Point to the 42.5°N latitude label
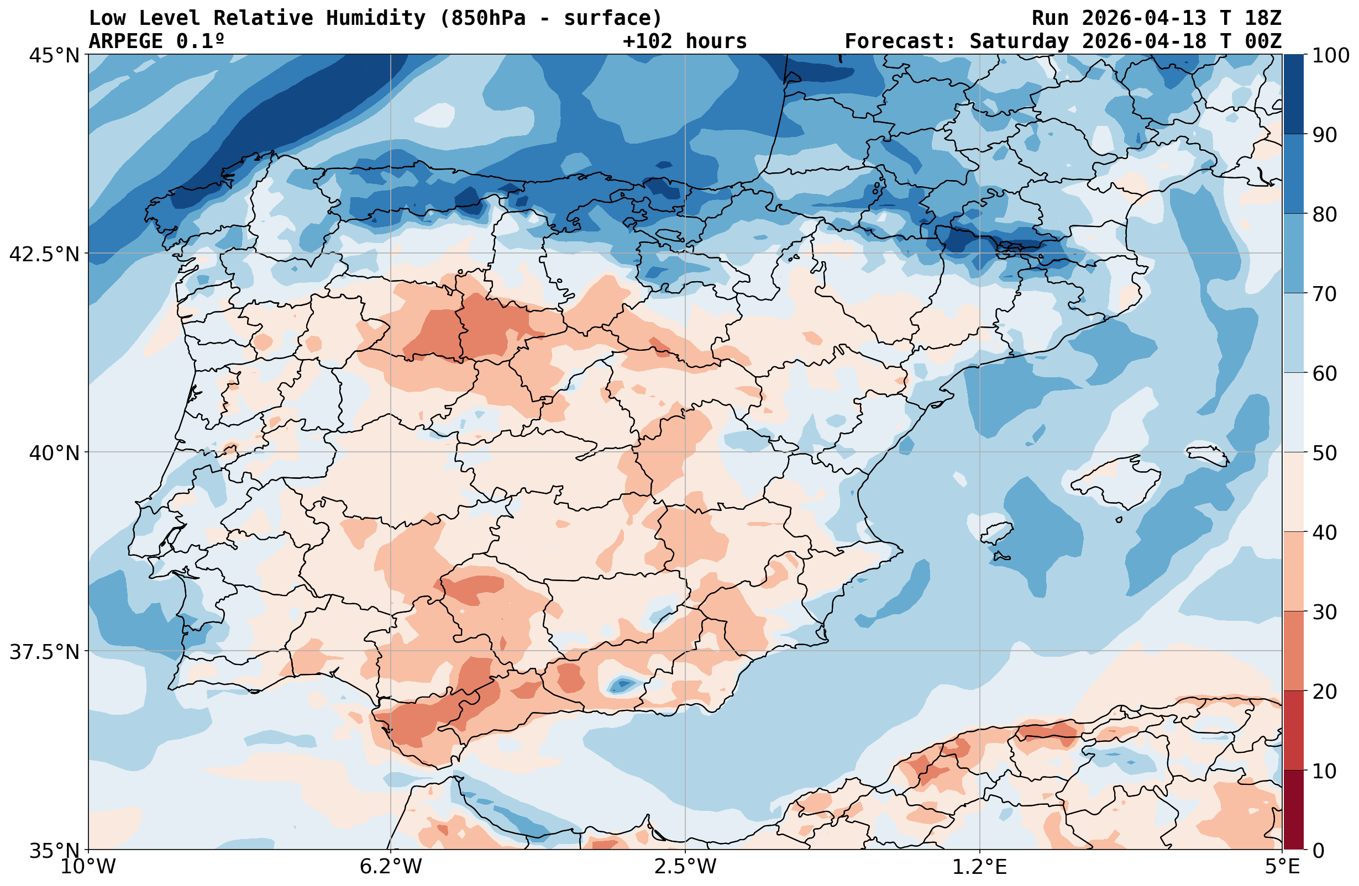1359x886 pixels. tap(45, 254)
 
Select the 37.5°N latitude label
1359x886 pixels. tap(45, 652)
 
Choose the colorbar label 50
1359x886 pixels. tap(1325, 453)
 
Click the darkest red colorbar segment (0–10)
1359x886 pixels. tap(1294, 810)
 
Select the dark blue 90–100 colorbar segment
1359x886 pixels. tap(1294, 94)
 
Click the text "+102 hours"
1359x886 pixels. tap(685, 41)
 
